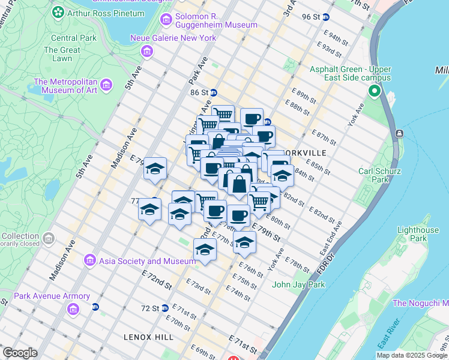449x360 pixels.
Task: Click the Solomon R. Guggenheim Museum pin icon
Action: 166,20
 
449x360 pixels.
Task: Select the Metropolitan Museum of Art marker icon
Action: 106,85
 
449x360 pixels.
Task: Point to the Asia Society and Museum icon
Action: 90,261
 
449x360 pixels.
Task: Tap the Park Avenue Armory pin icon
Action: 73,309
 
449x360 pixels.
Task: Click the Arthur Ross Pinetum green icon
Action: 58,12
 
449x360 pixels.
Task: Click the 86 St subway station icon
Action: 213,93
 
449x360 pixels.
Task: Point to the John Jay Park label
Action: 298,284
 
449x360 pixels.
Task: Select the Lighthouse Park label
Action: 418,234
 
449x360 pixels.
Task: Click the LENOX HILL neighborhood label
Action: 143,337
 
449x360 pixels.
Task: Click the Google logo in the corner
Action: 20,352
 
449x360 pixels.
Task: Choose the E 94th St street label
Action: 338,40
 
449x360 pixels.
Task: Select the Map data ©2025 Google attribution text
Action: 411,355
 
